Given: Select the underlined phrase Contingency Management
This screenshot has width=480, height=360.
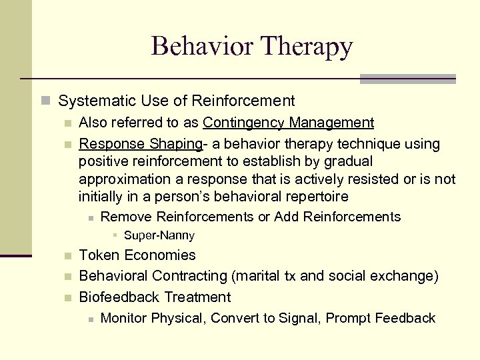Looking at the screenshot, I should coord(288,123).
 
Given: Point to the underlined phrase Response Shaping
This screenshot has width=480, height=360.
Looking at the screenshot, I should coord(140,144).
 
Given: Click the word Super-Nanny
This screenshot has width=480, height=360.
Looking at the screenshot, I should coord(159,235).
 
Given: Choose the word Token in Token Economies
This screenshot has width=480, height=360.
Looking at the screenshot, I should coord(99,255).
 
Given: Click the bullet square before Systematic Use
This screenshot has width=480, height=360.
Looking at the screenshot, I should coord(45,101).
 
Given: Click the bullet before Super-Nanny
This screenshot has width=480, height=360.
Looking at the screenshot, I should coord(115,235).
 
